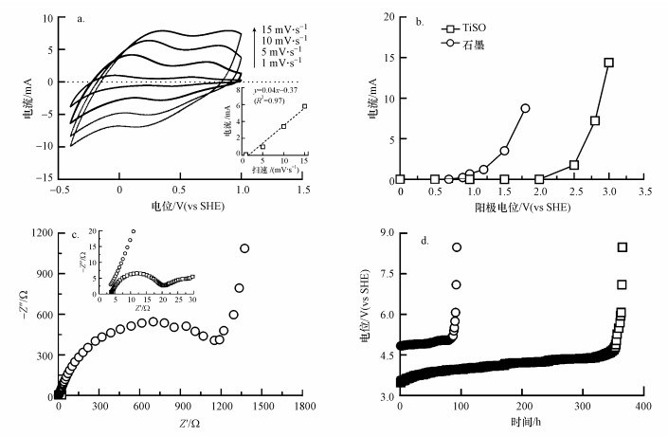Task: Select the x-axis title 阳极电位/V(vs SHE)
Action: point(524,206)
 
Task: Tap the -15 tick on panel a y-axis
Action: point(42,179)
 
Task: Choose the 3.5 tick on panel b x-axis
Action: point(643,191)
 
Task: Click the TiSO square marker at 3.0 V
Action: point(608,63)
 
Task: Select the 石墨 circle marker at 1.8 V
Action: point(525,108)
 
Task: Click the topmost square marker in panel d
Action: point(623,247)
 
